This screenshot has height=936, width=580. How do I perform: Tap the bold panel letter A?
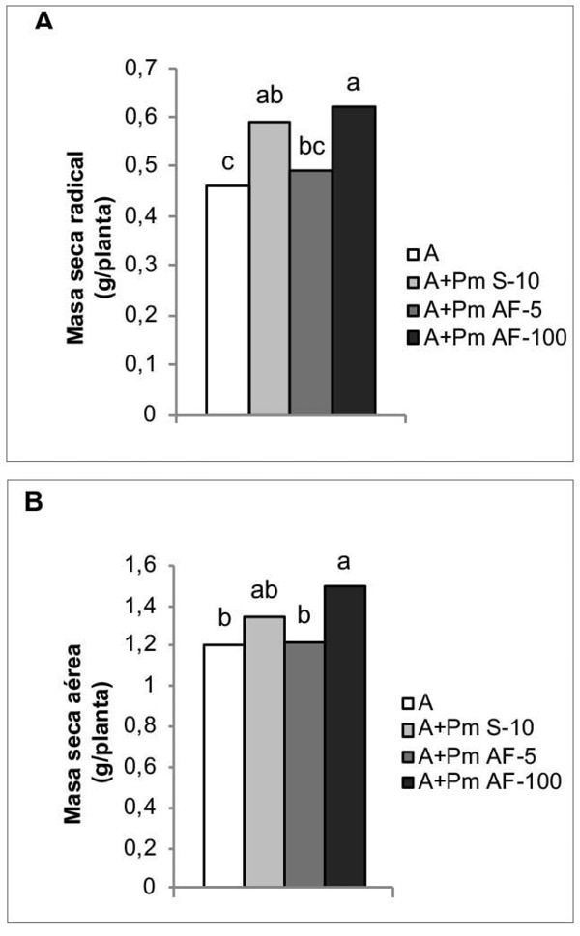pos(43,21)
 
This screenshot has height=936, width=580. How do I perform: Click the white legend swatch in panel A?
pos(411,254)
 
